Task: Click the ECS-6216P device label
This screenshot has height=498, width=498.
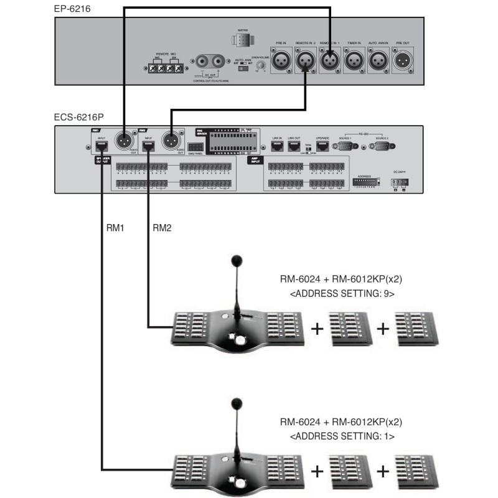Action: (x=78, y=117)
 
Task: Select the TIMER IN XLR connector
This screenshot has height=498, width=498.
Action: (x=354, y=61)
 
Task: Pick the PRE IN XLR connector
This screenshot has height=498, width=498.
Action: (x=281, y=61)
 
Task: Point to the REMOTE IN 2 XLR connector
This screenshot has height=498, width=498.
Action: (x=306, y=61)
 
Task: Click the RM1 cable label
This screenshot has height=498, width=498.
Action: (x=115, y=228)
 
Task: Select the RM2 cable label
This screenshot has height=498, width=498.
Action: (x=161, y=228)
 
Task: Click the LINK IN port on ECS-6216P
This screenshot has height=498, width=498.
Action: (x=277, y=146)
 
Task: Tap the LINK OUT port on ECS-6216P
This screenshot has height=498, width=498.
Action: (x=294, y=146)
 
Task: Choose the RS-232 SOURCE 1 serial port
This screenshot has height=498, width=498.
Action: (x=345, y=147)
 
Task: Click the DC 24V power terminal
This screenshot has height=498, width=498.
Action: (x=398, y=183)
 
